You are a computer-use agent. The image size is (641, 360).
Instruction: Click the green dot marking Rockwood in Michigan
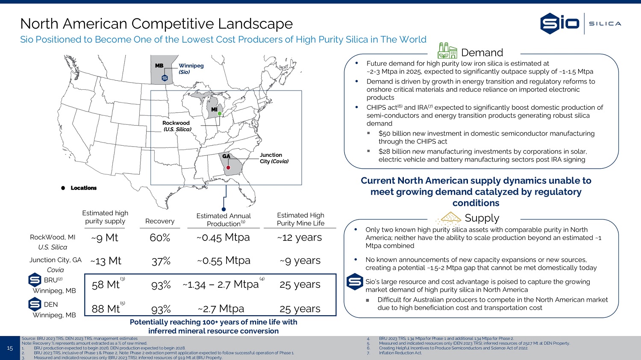click(220, 114)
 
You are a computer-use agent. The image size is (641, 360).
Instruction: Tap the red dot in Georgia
click(228, 167)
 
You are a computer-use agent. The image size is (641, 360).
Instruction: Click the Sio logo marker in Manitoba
click(165, 78)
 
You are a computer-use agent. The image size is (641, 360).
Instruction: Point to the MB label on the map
click(159, 66)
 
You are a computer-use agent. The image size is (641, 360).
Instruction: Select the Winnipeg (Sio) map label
click(191, 69)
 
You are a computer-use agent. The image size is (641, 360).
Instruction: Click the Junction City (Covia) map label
click(274, 158)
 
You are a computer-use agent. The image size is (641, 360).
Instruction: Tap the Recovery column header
click(160, 221)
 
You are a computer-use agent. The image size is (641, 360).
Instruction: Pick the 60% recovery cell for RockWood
click(160, 237)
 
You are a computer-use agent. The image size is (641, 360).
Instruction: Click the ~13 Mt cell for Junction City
click(106, 261)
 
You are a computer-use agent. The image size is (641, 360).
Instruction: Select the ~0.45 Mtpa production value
click(223, 237)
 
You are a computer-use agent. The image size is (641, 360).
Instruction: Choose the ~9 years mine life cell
click(300, 260)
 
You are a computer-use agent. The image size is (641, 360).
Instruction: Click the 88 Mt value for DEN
click(106, 309)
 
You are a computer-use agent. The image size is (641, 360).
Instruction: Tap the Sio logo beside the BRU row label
click(35, 280)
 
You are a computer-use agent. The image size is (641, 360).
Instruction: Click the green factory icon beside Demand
click(447, 51)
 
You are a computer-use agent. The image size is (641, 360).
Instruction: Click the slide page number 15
click(10, 348)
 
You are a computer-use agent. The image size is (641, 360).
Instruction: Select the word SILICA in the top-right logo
click(605, 24)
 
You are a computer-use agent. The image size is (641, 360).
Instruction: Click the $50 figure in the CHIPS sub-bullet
click(384, 134)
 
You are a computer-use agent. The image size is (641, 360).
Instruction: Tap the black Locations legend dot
click(63, 188)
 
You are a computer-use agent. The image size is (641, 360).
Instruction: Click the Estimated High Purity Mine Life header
click(300, 220)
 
